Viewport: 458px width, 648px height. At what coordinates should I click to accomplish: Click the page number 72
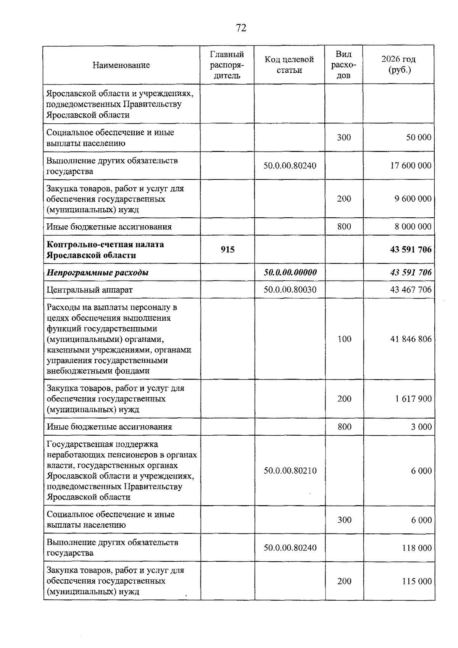pyautogui.click(x=241, y=28)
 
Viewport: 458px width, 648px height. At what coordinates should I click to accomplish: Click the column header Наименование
pyautogui.click(x=121, y=65)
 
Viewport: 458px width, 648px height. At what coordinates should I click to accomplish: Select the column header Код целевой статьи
pyautogui.click(x=289, y=65)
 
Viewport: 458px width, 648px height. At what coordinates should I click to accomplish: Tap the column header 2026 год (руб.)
pyautogui.click(x=398, y=65)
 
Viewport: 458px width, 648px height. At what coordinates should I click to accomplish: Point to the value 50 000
pyautogui.click(x=419, y=137)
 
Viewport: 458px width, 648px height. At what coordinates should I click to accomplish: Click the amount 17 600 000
pyautogui.click(x=411, y=166)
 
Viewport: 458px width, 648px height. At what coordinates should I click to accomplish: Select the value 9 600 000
pyautogui.click(x=413, y=199)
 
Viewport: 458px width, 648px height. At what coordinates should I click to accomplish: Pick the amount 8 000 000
pyautogui.click(x=413, y=227)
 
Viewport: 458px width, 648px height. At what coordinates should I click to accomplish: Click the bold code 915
pyautogui.click(x=227, y=250)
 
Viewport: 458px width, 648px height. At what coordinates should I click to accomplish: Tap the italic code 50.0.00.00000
pyautogui.click(x=290, y=273)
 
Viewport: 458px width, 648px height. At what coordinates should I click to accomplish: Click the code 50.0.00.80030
pyautogui.click(x=290, y=290)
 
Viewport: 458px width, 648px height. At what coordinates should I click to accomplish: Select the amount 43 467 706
pyautogui.click(x=411, y=290)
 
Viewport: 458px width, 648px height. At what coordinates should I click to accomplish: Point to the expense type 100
pyautogui.click(x=344, y=339)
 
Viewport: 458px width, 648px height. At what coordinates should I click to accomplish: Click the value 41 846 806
pyautogui.click(x=411, y=339)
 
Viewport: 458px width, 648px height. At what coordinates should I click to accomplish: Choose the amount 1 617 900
pyautogui.click(x=413, y=399)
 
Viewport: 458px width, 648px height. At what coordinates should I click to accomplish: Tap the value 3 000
pyautogui.click(x=421, y=427)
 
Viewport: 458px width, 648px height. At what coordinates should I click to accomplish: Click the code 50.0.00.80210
pyautogui.click(x=290, y=471)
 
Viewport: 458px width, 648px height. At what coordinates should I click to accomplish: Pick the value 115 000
pyautogui.click(x=417, y=582)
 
